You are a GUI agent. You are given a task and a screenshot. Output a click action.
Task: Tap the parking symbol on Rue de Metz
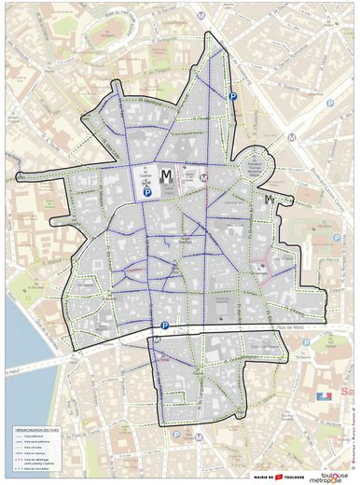point(165,326)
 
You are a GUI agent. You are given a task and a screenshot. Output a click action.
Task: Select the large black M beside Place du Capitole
point(166,175)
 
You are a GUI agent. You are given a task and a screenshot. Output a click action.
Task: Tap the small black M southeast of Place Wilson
point(269,199)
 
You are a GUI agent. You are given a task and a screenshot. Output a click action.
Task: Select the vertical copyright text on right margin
point(353,428)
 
